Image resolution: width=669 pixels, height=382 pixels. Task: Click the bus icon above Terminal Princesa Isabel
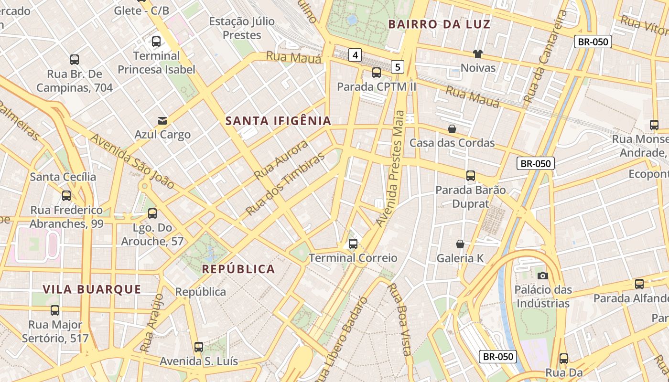tap(156, 42)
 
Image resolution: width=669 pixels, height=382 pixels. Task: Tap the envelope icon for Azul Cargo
tap(162, 120)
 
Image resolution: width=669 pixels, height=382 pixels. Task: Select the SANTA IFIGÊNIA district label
tap(278, 121)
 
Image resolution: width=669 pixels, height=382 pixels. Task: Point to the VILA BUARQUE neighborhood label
tap(92, 289)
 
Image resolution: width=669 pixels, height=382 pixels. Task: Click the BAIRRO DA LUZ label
tap(439, 24)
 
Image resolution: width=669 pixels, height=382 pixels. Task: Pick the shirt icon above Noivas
tap(477, 54)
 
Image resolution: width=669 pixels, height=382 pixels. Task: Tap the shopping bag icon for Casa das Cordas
tap(452, 129)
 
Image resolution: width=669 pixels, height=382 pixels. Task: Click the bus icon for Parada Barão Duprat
tap(471, 176)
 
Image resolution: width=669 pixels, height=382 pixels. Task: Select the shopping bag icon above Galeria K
tap(460, 244)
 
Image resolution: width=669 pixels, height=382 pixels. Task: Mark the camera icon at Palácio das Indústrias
tap(542, 276)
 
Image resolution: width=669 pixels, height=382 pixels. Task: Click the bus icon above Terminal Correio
tap(353, 244)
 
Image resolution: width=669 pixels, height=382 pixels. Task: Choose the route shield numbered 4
tap(355, 55)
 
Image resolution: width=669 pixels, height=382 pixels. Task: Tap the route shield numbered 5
tap(397, 66)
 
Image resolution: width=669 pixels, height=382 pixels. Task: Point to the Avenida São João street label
tap(132, 161)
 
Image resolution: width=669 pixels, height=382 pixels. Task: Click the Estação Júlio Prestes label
tap(242, 28)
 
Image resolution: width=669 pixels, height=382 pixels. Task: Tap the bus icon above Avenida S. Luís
tap(199, 347)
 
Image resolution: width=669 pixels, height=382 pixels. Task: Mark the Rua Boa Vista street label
tap(399, 319)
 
